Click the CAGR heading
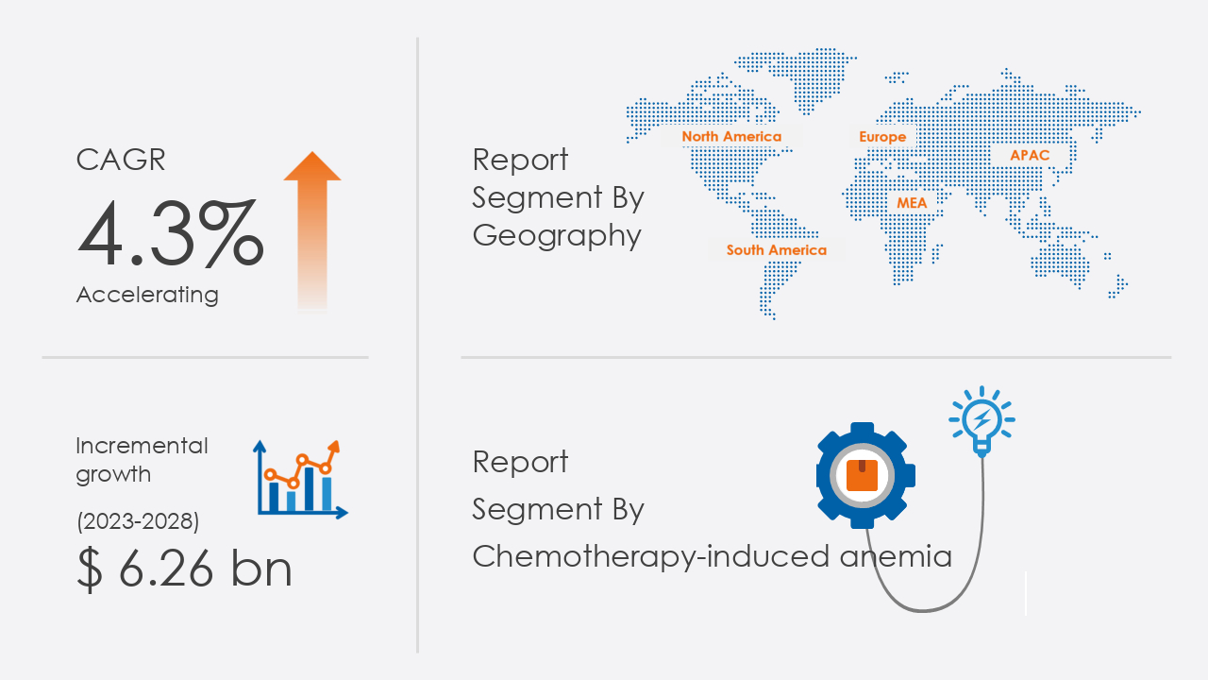pyautogui.click(x=120, y=160)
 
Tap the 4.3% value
pyautogui.click(x=171, y=233)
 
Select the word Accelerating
pyautogui.click(x=147, y=296)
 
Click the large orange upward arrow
pyautogui.click(x=312, y=231)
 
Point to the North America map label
pyautogui.click(x=731, y=137)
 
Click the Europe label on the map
pyautogui.click(x=882, y=137)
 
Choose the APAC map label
pyautogui.click(x=1030, y=156)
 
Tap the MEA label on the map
pyautogui.click(x=912, y=203)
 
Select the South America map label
pyautogui.click(x=776, y=250)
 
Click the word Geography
pyautogui.click(x=557, y=237)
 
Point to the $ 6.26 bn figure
pyautogui.click(x=184, y=569)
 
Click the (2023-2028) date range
pyautogui.click(x=138, y=521)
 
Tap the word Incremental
pyautogui.click(x=142, y=446)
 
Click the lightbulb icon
pyautogui.click(x=982, y=421)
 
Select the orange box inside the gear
pyautogui.click(x=862, y=475)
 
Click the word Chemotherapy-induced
pyautogui.click(x=650, y=557)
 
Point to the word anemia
pyautogui.click(x=896, y=557)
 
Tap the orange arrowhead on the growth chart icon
pyautogui.click(x=334, y=447)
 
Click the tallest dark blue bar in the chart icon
pyautogui.click(x=309, y=489)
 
